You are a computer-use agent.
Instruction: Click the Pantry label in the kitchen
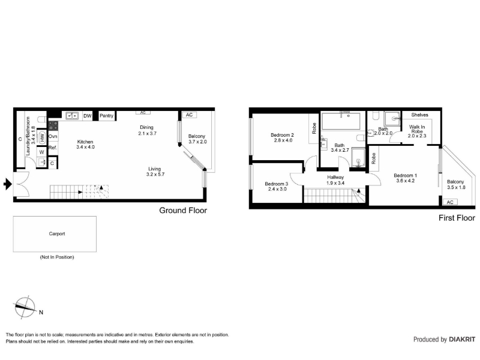(106, 115)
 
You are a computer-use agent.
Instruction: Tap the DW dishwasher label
(87, 116)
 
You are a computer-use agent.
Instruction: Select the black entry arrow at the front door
(8, 184)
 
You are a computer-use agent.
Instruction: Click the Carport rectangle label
(57, 233)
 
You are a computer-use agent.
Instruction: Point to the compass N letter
(41, 312)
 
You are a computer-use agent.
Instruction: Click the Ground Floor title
(183, 211)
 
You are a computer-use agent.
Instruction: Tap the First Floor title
(457, 218)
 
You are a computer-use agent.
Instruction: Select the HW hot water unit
(42, 137)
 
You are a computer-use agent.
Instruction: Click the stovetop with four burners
(53, 126)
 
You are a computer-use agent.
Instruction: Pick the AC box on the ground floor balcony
(189, 115)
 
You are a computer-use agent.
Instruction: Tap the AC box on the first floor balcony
(450, 202)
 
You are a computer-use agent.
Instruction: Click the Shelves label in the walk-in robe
(419, 115)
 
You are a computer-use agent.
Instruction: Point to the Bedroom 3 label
(277, 184)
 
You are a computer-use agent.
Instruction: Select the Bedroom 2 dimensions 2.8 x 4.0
(283, 140)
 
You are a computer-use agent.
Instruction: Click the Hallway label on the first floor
(335, 177)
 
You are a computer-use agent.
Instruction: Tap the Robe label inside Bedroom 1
(373, 158)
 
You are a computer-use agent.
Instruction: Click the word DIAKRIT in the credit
(462, 339)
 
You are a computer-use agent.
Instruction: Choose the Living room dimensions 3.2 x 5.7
(155, 174)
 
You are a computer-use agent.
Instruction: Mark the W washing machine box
(42, 152)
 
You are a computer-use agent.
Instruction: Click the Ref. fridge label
(53, 148)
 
